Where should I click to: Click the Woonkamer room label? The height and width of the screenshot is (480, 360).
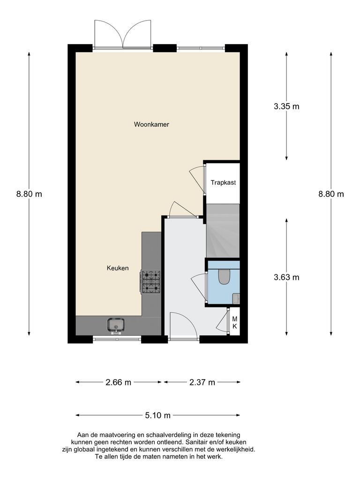point(151,125)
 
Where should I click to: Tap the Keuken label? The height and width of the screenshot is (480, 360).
point(118,268)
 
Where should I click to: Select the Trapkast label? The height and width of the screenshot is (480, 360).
point(223,182)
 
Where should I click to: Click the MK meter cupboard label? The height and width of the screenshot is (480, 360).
point(235,322)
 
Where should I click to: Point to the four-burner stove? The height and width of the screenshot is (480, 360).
point(151,281)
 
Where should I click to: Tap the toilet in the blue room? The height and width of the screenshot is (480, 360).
point(224,277)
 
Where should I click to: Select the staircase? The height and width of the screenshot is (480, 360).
point(223,231)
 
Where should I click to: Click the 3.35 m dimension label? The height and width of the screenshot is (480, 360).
point(286,106)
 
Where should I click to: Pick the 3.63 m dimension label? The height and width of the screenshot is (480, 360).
point(286,277)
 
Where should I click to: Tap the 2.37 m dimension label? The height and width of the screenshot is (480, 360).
point(202,382)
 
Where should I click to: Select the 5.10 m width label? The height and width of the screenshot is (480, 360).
point(158,415)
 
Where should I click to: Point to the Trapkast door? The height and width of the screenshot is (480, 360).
point(197,179)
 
